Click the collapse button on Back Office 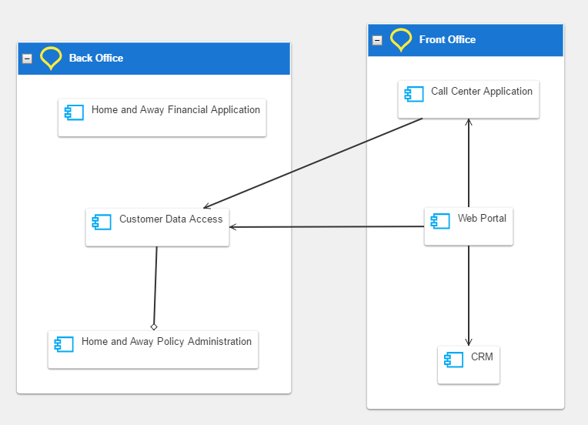[x=27, y=59]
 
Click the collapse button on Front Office [x=377, y=40]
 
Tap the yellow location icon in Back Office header [x=51, y=59]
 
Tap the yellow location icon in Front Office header [x=401, y=40]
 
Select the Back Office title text [x=96, y=59]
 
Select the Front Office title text [x=447, y=40]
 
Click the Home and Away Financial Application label [x=175, y=109]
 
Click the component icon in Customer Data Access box [x=102, y=222]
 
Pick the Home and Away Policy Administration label [x=166, y=341]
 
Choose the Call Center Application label [x=482, y=91]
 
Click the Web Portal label [x=482, y=218]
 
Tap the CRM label [x=482, y=356]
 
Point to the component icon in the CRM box [x=454, y=360]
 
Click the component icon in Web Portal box [x=440, y=221]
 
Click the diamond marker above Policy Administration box [x=154, y=326]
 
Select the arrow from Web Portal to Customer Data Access [x=326, y=226]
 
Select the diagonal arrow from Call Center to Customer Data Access [x=312, y=163]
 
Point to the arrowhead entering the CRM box [x=469, y=342]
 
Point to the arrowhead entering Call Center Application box [x=469, y=122]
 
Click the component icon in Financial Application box [x=74, y=112]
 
